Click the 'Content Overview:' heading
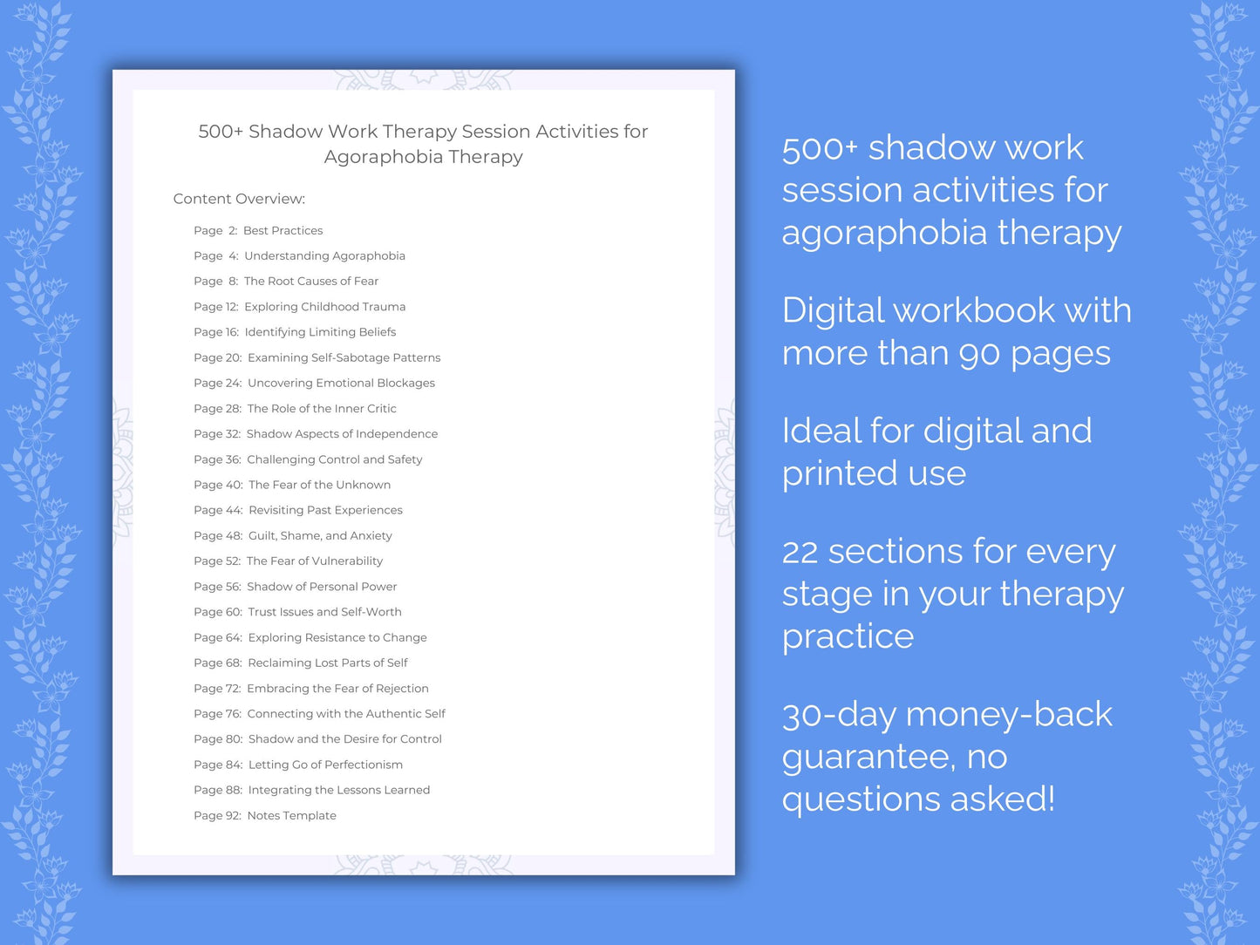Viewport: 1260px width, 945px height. click(x=239, y=199)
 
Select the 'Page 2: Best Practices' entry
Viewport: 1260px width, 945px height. click(x=258, y=231)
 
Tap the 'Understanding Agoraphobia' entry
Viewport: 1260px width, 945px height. click(x=325, y=256)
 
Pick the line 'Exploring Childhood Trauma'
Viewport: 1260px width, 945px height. click(x=325, y=307)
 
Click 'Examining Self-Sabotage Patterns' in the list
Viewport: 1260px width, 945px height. click(x=344, y=357)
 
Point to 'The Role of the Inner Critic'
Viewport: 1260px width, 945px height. click(x=322, y=409)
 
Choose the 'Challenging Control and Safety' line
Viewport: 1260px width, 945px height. click(x=335, y=459)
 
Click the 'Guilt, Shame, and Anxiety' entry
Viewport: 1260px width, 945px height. click(x=320, y=536)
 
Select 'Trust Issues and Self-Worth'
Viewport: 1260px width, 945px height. click(x=325, y=612)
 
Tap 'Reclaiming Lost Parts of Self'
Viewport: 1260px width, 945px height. click(x=328, y=663)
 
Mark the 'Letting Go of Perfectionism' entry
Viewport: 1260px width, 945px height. click(x=325, y=765)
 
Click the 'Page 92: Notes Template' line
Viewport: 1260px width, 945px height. click(x=265, y=815)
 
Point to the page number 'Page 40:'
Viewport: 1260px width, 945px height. click(x=218, y=485)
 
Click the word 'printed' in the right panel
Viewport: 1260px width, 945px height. click(x=840, y=474)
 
